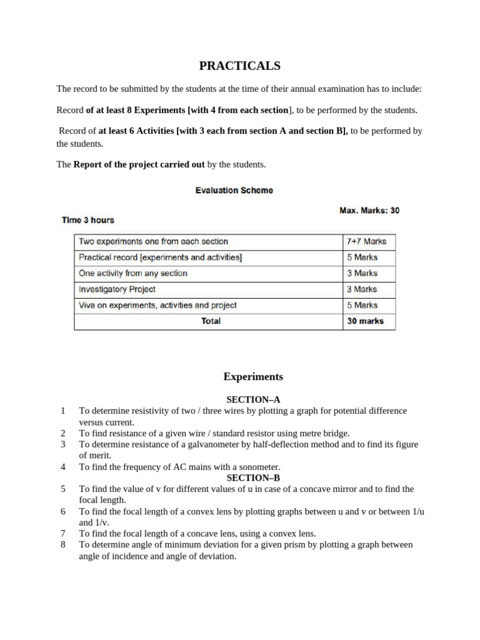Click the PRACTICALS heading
click(239, 66)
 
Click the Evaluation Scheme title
click(234, 191)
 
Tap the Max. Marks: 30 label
click(369, 211)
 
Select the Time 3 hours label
click(88, 220)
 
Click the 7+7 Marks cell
click(366, 241)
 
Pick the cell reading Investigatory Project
click(117, 289)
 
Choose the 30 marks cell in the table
click(365, 321)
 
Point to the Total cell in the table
click(211, 321)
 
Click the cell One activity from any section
click(133, 273)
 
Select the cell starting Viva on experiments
click(157, 306)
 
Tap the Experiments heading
click(253, 377)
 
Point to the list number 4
click(63, 467)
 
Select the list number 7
click(63, 533)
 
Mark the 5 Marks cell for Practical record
click(362, 257)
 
